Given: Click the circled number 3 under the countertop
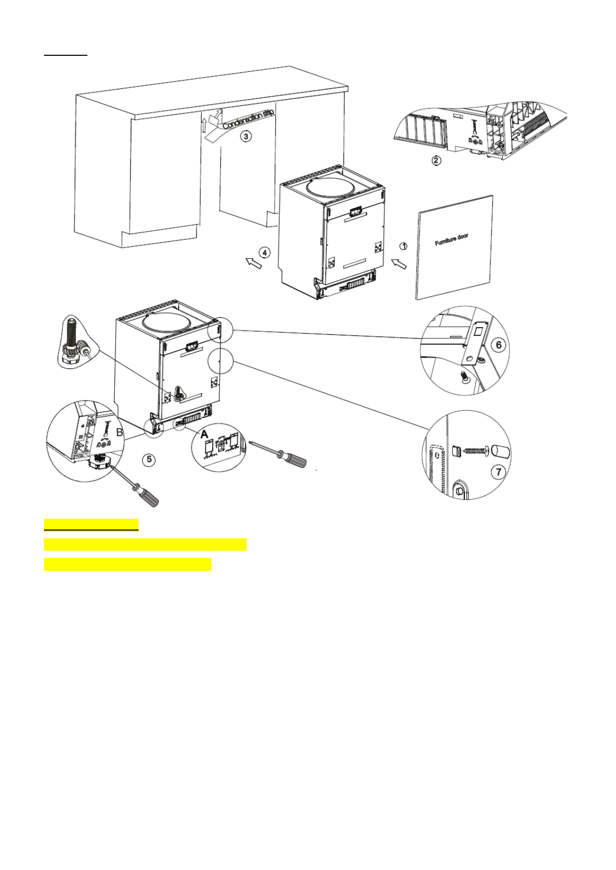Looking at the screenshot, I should (x=247, y=136).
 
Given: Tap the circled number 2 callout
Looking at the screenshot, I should (x=437, y=160).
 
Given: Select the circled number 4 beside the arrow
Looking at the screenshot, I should (x=264, y=253).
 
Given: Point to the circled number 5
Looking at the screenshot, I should (x=149, y=459).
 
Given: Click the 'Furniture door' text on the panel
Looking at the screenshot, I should (x=452, y=240).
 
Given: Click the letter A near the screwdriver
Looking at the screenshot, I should (x=204, y=435).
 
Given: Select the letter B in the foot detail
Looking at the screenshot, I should (x=119, y=433).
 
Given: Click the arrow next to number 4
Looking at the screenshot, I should (x=252, y=263).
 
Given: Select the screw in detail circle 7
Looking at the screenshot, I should (x=475, y=450).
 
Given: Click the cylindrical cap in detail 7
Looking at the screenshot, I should (x=500, y=450).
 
